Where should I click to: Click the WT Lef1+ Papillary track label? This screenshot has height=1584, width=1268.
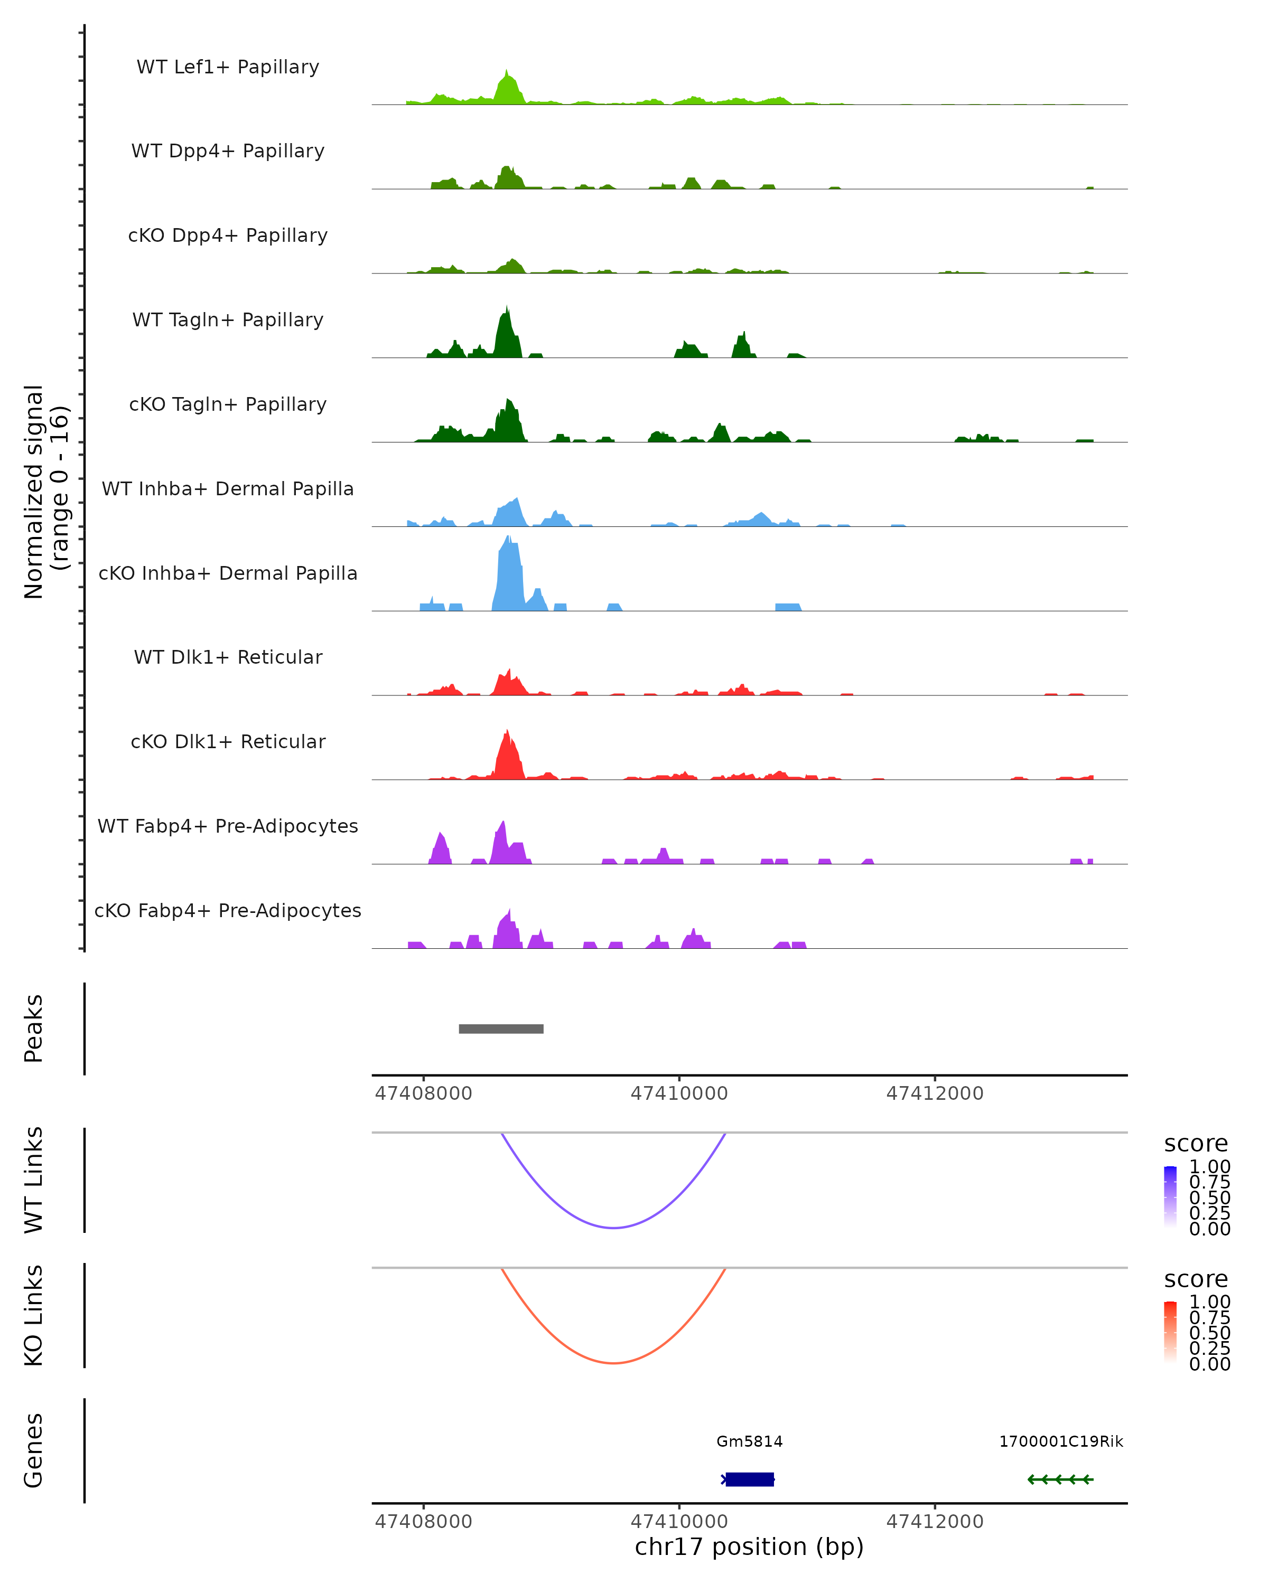pos(228,67)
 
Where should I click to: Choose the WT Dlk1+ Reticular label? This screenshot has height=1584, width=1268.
pos(228,657)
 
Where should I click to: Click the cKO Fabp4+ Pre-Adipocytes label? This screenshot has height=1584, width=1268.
pos(228,910)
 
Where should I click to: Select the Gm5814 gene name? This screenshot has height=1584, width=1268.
pos(749,1441)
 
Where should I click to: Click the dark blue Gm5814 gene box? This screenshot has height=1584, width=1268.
pos(749,1479)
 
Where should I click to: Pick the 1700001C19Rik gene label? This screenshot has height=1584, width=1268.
pos(1061,1441)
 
